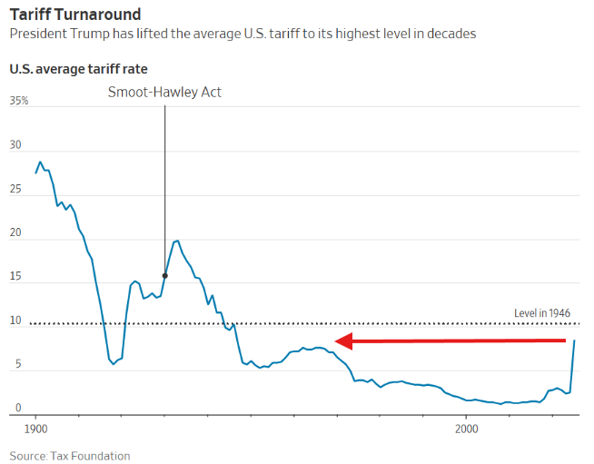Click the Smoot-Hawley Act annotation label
[164, 92]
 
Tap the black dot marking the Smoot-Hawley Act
[164, 275]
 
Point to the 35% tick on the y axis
[19, 101]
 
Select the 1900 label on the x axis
[35, 427]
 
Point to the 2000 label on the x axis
[466, 427]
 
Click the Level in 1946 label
[542, 313]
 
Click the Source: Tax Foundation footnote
[70, 456]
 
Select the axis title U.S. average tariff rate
[78, 69]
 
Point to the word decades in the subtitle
[451, 34]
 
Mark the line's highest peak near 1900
[39, 163]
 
